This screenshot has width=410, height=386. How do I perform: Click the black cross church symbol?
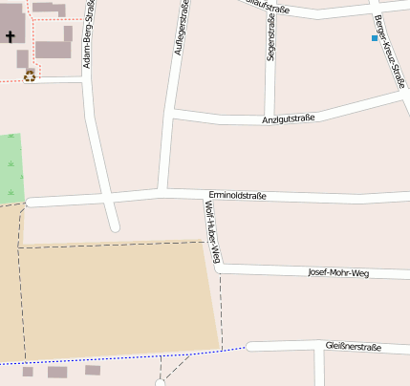11,37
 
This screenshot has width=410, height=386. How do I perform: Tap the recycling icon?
30,75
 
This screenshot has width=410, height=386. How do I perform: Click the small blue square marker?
375,38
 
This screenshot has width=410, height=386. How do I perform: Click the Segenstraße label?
271,39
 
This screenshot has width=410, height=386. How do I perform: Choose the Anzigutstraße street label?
289,119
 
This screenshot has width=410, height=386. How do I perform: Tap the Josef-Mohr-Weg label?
337,272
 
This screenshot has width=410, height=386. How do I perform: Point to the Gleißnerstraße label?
354,346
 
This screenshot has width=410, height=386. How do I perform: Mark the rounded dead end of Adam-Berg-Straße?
114,227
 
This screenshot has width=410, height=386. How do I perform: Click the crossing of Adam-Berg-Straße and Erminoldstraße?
106,199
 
